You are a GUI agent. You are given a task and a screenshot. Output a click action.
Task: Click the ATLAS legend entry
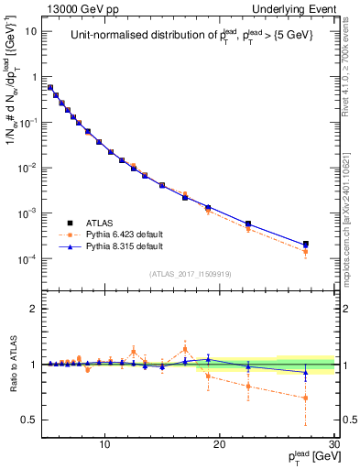[x=97, y=223]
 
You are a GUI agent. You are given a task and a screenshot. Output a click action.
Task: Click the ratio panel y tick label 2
[x=33, y=309]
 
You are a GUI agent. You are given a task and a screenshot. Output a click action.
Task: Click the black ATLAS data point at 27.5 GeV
[x=305, y=245]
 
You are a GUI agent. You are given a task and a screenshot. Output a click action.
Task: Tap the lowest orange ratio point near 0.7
[x=305, y=398]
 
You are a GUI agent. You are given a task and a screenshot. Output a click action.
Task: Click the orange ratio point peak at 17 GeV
[x=185, y=348]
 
